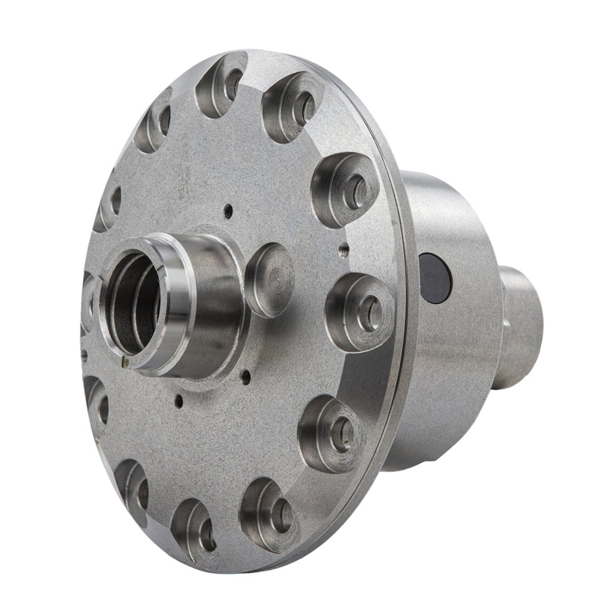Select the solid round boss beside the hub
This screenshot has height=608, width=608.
click(269, 279)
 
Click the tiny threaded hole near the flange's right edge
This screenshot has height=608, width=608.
click(344, 246)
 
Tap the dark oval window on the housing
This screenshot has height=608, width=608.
click(435, 277)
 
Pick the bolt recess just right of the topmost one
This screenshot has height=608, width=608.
click(293, 107)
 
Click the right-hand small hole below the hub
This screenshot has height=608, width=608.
click(245, 375)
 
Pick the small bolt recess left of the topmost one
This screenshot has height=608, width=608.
click(156, 122)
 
